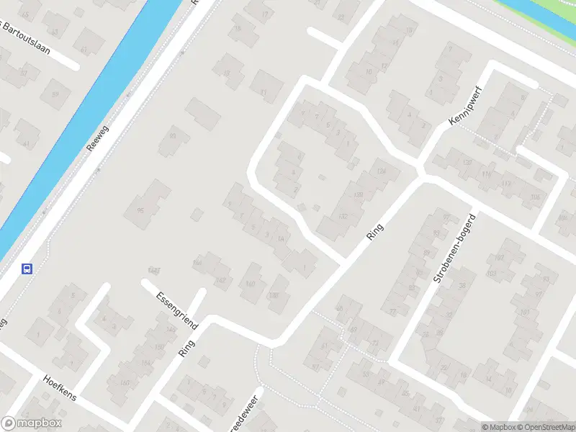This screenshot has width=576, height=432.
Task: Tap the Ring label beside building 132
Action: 374,231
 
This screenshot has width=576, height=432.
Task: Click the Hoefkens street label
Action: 59,387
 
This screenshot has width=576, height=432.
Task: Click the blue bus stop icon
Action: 27,269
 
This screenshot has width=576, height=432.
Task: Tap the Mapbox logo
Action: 32,423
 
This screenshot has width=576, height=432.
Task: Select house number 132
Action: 342,216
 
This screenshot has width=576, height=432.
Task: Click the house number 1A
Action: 282,240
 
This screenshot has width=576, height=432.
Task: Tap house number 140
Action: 251,284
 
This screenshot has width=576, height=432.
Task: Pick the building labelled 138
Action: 273,295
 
